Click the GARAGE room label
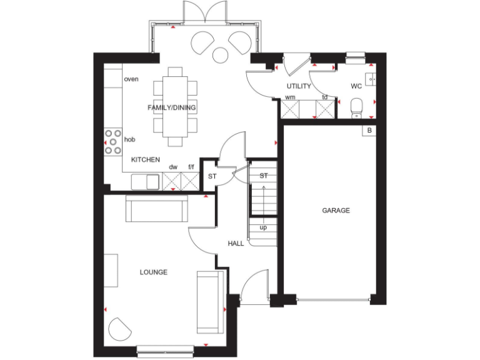(336, 211)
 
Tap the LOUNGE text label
(153, 272)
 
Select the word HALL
(236, 243)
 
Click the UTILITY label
(299, 86)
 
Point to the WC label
(356, 86)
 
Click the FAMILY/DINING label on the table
(172, 107)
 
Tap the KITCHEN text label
(145, 160)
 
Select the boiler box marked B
(369, 131)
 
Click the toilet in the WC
(356, 107)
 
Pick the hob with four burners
(113, 141)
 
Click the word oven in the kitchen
(131, 79)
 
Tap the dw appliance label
(173, 167)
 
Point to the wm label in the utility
(290, 97)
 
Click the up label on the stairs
(263, 227)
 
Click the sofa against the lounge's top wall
(157, 209)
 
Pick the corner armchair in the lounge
(120, 329)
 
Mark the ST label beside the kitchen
(212, 177)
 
